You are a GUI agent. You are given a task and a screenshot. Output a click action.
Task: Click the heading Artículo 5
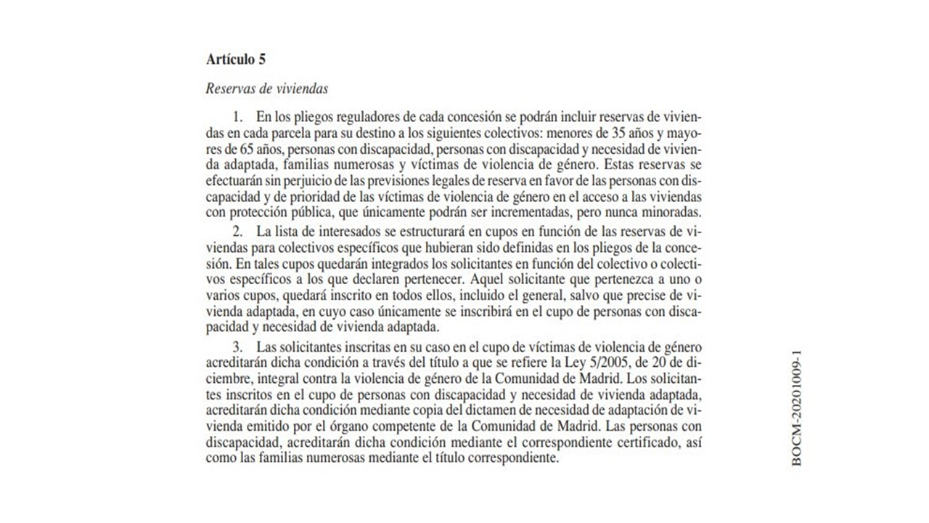coord(236,60)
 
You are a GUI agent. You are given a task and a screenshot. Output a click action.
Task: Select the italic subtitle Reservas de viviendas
coord(266,89)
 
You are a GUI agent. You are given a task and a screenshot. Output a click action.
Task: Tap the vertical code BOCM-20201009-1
coord(797,409)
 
